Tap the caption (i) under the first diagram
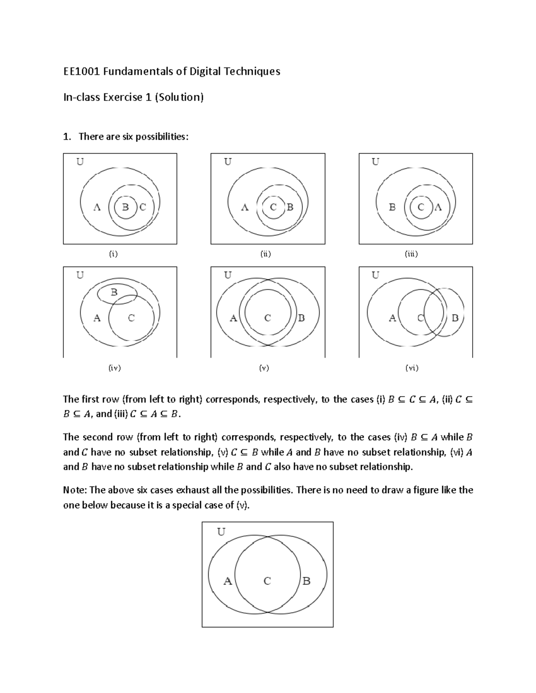pyautogui.click(x=113, y=254)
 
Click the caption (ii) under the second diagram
pyautogui.click(x=266, y=254)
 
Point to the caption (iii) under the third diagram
pyautogui.click(x=411, y=254)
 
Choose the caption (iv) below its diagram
pyautogui.click(x=115, y=368)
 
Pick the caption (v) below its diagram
pyautogui.click(x=264, y=368)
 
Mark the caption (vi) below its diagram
pyautogui.click(x=411, y=368)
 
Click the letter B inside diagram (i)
pyautogui.click(x=126, y=207)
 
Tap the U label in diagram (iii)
pyautogui.click(x=376, y=162)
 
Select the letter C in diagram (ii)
pyautogui.click(x=273, y=207)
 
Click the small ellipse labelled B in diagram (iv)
pyautogui.click(x=117, y=293)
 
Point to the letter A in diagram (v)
pyautogui.click(x=233, y=318)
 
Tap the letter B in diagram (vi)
pyautogui.click(x=455, y=318)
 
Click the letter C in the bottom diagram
pyautogui.click(x=267, y=581)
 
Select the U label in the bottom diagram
pyautogui.click(x=221, y=532)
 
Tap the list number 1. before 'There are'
pyautogui.click(x=67, y=137)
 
